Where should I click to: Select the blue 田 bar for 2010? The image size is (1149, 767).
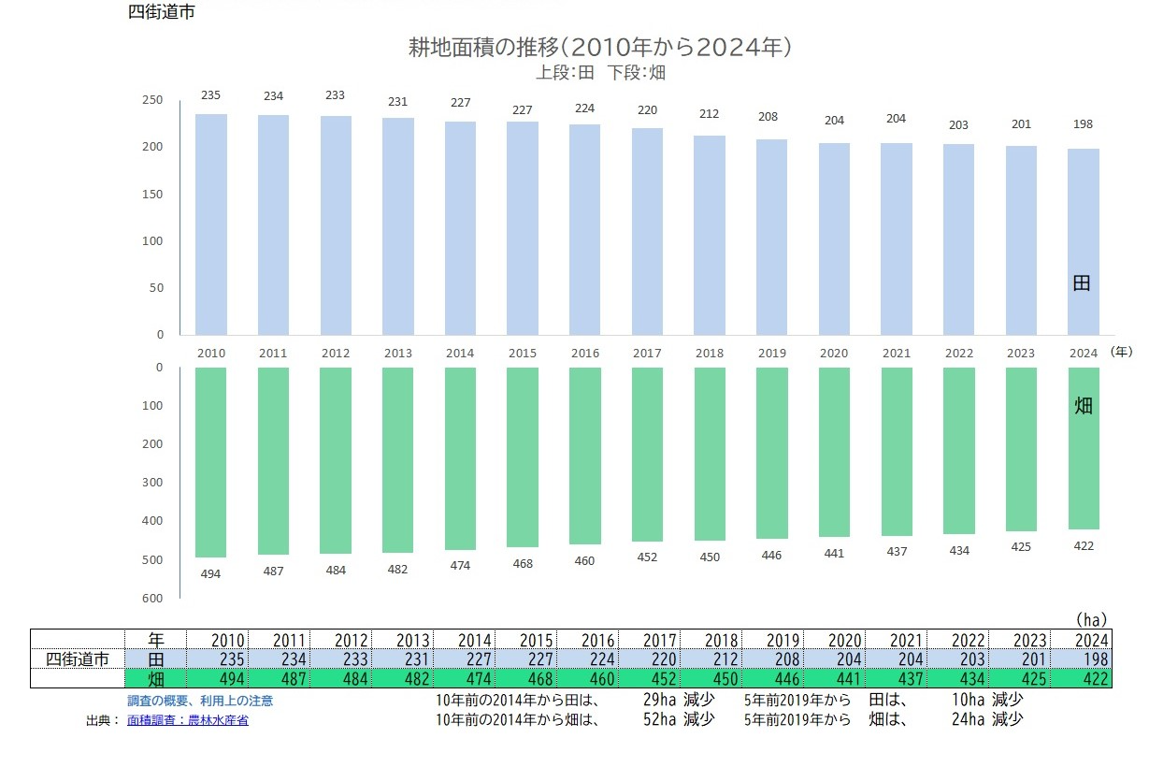pos(211,224)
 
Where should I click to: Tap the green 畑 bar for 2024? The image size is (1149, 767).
pos(1084,448)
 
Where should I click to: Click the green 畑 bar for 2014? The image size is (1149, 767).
pos(460,458)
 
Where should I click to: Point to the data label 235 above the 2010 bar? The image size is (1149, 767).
pos(211,95)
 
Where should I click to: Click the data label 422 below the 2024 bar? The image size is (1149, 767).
pos(1084,546)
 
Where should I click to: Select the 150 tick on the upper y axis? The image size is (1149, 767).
pos(152,195)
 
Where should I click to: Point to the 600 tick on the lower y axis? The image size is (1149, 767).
pos(152,599)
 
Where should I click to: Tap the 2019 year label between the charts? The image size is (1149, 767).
pos(771,354)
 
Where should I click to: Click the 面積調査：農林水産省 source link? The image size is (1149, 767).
pos(188,720)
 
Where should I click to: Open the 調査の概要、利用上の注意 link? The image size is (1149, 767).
pos(200,701)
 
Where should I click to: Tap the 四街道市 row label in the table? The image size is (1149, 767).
pos(78,659)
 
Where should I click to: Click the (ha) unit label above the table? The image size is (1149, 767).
pos(1090,619)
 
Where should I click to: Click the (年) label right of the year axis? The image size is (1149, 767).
pos(1122,353)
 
